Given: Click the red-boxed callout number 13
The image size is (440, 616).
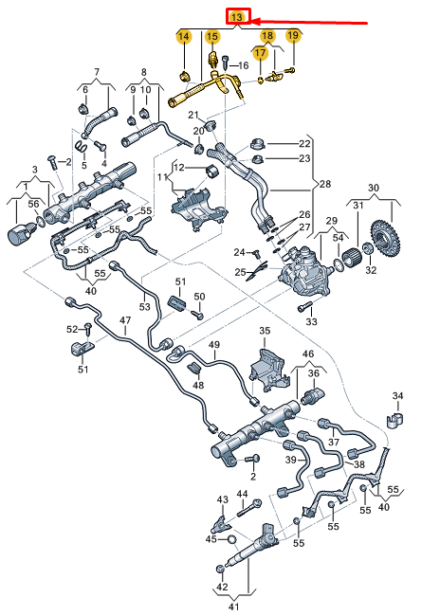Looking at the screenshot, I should pyautogui.click(x=238, y=17).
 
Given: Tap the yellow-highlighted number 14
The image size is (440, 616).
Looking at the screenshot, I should pyautogui.click(x=183, y=36).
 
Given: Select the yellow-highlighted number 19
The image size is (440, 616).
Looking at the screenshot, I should pyautogui.click(x=293, y=36).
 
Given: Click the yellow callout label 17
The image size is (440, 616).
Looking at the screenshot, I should pyautogui.click(x=259, y=52).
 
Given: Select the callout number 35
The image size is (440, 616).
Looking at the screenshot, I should pyautogui.click(x=265, y=331).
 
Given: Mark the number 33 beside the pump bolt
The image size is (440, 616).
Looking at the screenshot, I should pyautogui.click(x=311, y=322).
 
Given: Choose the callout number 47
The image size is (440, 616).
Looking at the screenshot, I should pyautogui.click(x=123, y=321).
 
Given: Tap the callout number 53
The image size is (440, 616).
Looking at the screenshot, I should pyautogui.click(x=145, y=306).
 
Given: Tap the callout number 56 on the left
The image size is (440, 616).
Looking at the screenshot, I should pyautogui.click(x=34, y=203).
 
